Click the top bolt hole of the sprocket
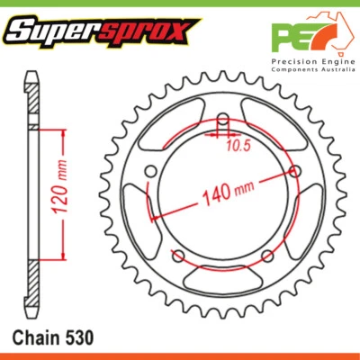222,119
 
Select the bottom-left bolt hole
179,254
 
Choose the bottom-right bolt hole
265,254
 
